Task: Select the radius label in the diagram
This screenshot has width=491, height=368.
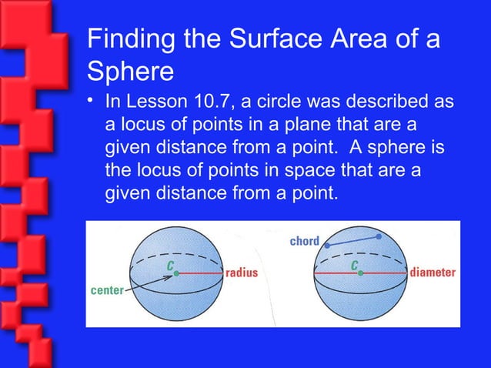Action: (241, 273)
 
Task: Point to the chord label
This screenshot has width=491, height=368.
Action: (304, 242)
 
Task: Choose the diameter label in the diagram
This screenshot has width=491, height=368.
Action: (433, 273)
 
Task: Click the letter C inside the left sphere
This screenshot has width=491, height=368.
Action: (169, 263)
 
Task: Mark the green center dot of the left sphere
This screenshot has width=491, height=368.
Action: (175, 273)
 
